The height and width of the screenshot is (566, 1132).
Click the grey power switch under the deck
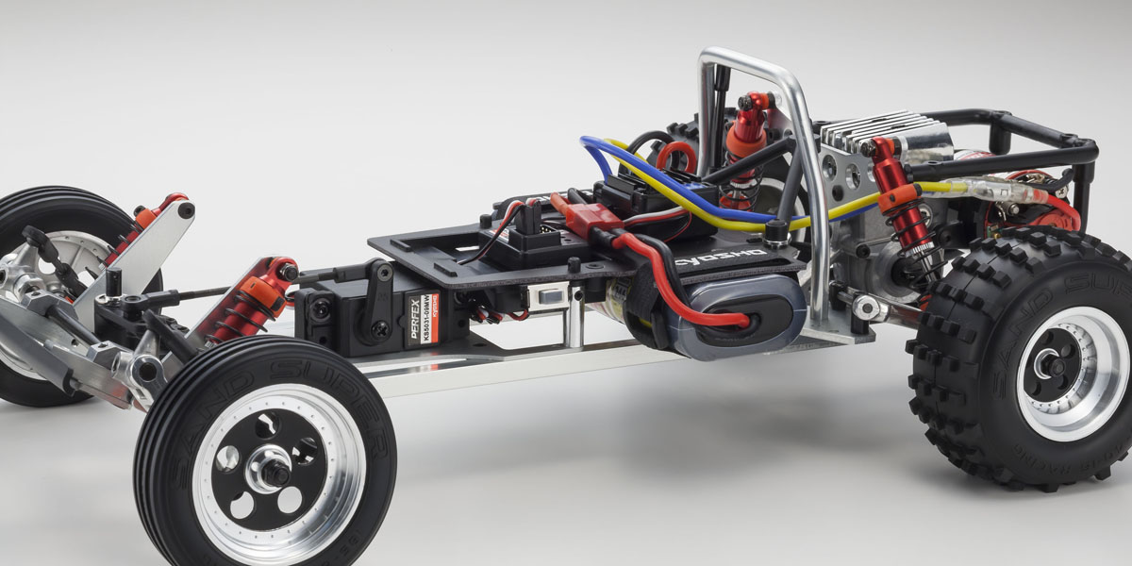click(x=546, y=295)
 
